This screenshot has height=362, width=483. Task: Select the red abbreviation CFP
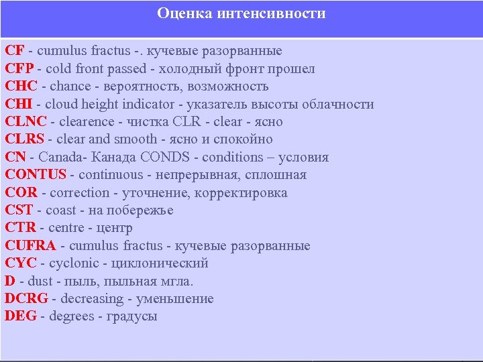click(x=20, y=68)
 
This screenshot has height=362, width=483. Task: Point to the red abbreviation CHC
click(x=21, y=86)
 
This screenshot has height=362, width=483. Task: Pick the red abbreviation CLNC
click(x=26, y=122)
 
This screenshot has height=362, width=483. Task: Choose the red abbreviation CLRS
click(x=24, y=139)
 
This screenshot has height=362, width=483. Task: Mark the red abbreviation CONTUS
click(x=36, y=175)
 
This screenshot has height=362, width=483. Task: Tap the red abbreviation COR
click(x=21, y=192)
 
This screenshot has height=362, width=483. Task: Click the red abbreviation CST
click(x=19, y=210)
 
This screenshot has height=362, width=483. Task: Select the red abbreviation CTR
click(x=20, y=228)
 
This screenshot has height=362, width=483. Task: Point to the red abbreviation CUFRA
click(x=30, y=246)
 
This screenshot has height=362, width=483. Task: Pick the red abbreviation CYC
click(x=20, y=263)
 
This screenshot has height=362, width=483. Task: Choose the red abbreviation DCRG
click(x=27, y=299)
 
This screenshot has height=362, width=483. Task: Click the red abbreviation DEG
click(x=21, y=316)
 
